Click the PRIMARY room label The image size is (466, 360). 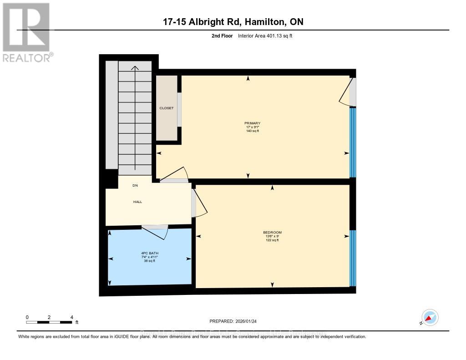click(x=252, y=123)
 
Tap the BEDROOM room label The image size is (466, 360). click(x=272, y=232)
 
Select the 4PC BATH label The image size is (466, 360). click(x=150, y=253)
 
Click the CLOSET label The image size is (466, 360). click(x=166, y=108)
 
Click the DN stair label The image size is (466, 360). click(x=135, y=186)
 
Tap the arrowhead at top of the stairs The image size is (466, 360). click(x=135, y=68)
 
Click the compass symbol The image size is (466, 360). click(x=430, y=317)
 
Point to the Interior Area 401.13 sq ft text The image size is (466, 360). click(x=265, y=35)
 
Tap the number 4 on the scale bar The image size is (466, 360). click(x=71, y=317)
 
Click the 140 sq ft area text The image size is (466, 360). click(x=252, y=131)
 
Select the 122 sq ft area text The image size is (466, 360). click(x=272, y=240)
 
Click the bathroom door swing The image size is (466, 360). click(x=157, y=232)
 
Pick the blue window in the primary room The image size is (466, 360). click(x=352, y=142)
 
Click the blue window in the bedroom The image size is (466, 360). click(x=352, y=258)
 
